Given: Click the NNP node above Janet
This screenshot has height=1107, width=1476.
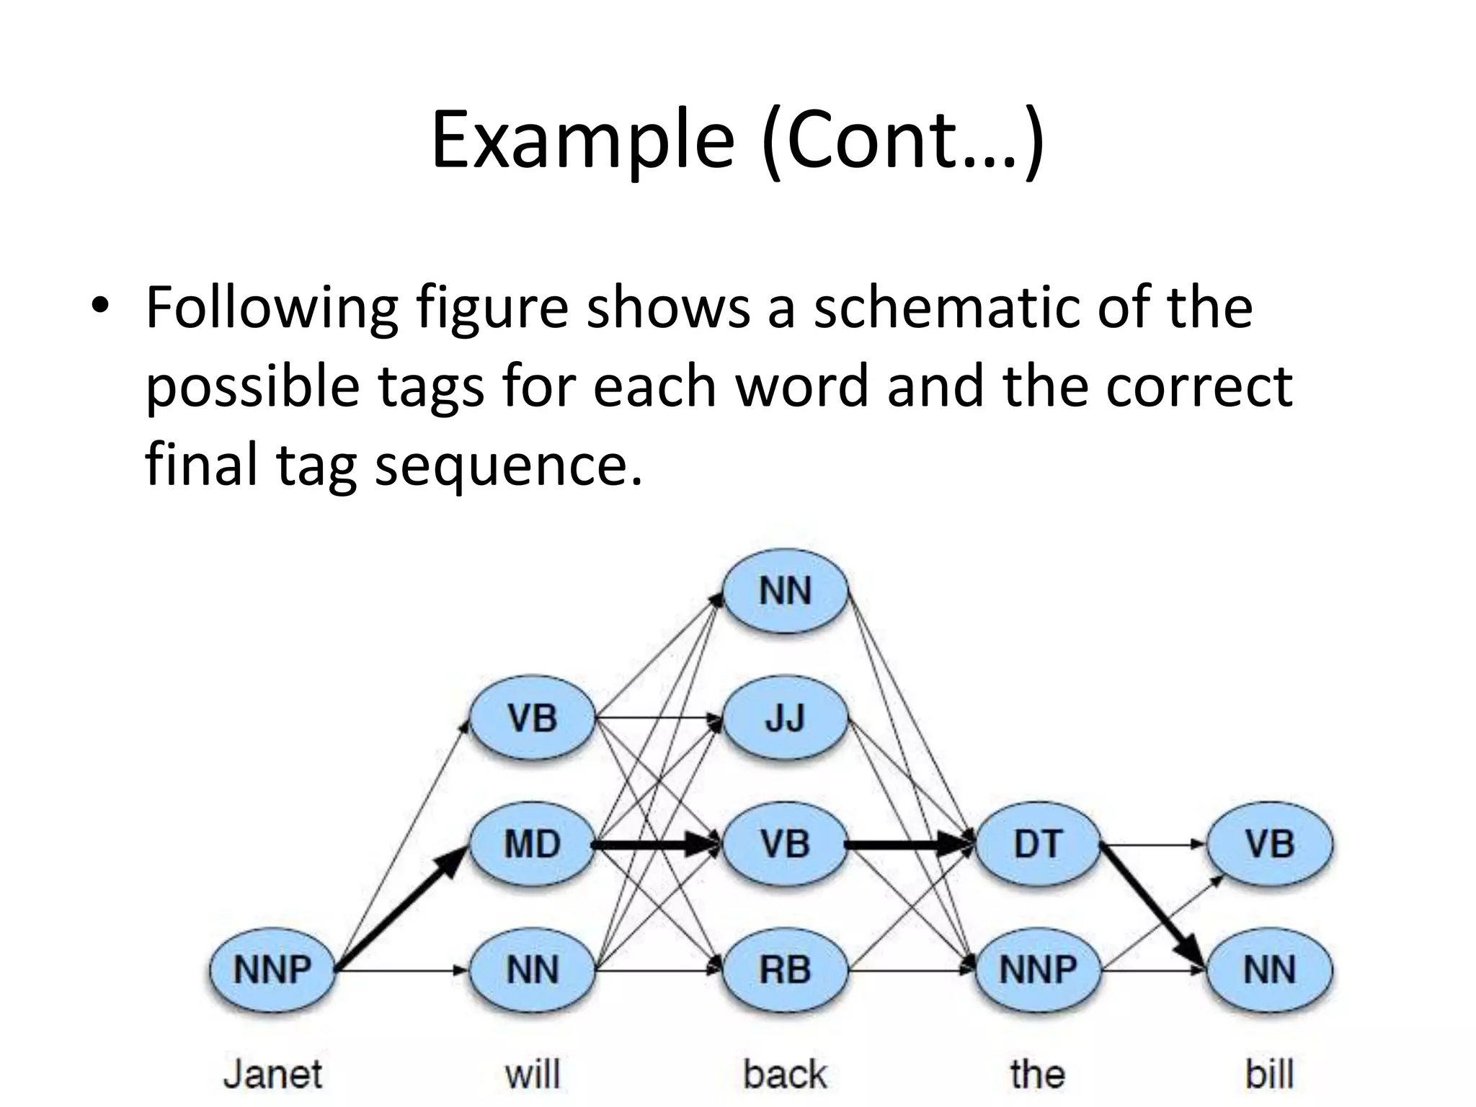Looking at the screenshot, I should click(272, 969).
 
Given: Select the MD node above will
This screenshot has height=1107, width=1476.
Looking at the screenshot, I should click(533, 844).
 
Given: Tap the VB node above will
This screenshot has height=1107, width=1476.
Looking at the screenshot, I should click(533, 718).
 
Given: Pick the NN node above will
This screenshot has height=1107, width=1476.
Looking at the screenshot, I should click(533, 969).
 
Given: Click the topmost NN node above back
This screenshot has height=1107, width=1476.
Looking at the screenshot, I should click(786, 591).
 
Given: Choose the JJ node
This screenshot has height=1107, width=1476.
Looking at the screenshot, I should click(786, 718).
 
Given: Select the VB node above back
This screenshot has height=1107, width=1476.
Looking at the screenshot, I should click(786, 844).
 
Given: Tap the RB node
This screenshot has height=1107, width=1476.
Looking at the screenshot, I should click(786, 969).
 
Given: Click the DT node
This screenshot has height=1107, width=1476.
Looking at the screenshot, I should click(1038, 844).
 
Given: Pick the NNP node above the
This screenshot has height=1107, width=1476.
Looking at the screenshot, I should click(1038, 969).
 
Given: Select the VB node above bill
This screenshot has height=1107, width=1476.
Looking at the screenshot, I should click(1270, 844).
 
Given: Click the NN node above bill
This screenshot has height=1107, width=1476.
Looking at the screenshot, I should click(1270, 969).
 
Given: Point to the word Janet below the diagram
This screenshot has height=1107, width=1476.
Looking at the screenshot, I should click(272, 1074).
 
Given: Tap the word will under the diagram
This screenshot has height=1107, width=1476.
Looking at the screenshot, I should click(533, 1074).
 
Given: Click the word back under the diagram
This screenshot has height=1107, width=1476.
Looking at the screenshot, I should click(786, 1074).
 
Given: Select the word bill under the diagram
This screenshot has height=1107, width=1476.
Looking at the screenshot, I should click(1270, 1074).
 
